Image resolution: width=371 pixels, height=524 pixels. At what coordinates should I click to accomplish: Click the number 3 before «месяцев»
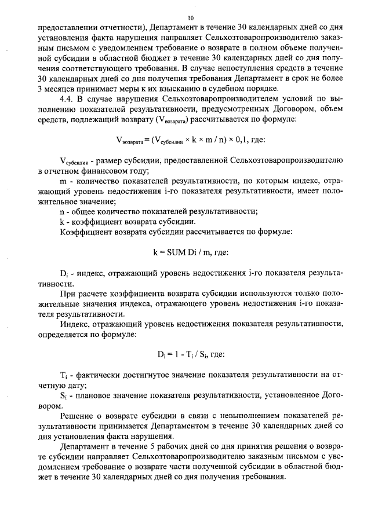pos(39,89)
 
